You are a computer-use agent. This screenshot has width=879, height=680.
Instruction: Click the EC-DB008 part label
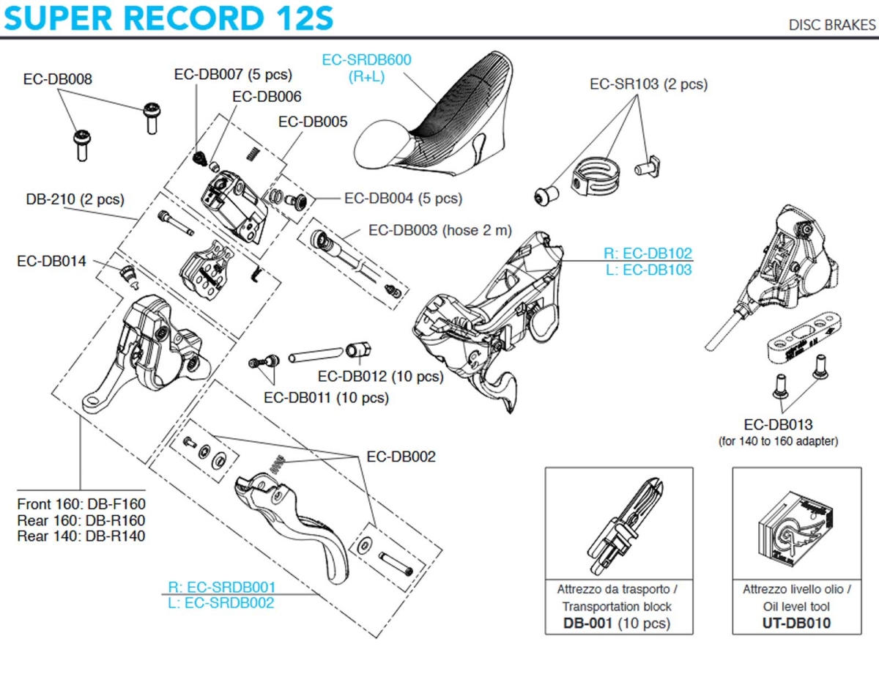(x=58, y=79)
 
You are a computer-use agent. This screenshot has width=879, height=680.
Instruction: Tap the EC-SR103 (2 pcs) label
(x=648, y=84)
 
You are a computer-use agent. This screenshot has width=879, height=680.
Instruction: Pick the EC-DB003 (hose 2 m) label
(x=440, y=230)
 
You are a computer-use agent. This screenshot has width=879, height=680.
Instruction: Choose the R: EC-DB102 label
(x=648, y=254)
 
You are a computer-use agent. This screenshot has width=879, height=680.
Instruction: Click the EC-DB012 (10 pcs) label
(x=380, y=377)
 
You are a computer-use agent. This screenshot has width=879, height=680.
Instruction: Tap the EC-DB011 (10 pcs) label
(x=326, y=398)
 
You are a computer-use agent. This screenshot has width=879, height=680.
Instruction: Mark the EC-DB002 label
(x=401, y=457)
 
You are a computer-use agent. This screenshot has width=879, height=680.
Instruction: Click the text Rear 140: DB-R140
(x=81, y=536)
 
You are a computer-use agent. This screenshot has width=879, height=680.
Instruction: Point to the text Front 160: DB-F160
(x=81, y=504)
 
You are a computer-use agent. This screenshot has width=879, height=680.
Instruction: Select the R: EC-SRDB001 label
(x=221, y=587)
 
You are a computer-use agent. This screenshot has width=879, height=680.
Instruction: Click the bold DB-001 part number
(x=589, y=624)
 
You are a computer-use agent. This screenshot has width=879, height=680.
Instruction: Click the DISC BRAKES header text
(x=831, y=25)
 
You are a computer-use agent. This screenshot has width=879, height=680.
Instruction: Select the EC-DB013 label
(x=778, y=424)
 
